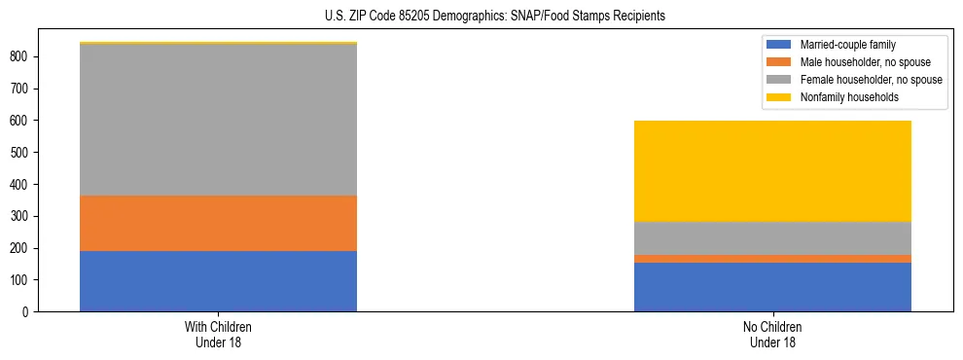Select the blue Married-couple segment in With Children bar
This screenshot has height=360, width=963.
(x=218, y=281)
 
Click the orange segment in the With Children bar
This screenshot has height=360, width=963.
(x=218, y=223)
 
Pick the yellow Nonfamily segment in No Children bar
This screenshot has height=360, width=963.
(x=772, y=171)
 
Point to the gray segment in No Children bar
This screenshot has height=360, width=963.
(x=772, y=238)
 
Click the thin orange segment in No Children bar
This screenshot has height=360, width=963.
(x=772, y=259)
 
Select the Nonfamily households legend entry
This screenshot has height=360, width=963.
(x=847, y=97)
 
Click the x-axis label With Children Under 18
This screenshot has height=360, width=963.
(x=218, y=334)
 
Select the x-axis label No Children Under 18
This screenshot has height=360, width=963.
(x=772, y=334)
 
